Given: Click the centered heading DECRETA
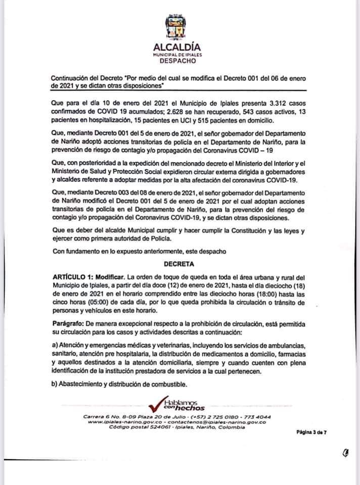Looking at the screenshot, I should point(179,264).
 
